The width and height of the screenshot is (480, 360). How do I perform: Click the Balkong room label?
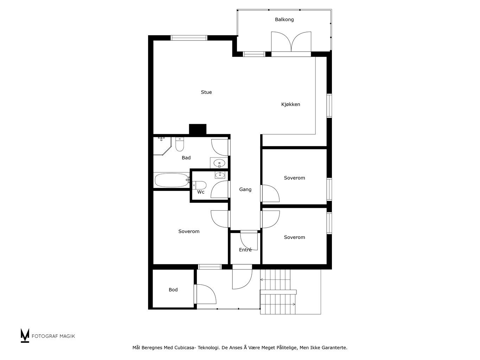tap(284, 19)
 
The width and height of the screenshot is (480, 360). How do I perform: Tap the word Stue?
tap(206, 92)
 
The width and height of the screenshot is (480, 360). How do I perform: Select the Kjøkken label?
tap(290, 104)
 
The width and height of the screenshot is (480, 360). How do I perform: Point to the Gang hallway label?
tap(245, 189)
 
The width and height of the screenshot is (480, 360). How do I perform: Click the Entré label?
tap(245, 250)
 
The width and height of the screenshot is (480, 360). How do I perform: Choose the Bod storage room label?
tap(173, 290)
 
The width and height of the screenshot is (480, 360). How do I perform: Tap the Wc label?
tap(200, 192)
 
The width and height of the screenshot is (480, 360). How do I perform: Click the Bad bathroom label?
tap(186, 157)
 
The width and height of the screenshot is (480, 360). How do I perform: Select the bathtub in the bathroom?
tap(172, 180)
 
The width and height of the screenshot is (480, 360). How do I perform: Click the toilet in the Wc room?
tap(199, 185)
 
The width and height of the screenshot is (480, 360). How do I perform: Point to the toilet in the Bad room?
tap(180, 144)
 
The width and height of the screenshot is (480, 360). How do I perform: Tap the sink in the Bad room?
tap(219, 163)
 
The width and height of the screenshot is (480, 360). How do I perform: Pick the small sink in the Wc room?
tap(220, 175)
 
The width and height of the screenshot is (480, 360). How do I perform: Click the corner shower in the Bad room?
tap(162, 146)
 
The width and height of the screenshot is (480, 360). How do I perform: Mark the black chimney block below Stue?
tap(198, 129)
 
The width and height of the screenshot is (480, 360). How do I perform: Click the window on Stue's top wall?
tap(189, 38)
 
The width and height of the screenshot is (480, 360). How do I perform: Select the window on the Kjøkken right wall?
tap(329, 106)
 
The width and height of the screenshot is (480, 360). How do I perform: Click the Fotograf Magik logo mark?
tap(25, 335)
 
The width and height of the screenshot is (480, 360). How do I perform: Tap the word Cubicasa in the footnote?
tap(184, 348)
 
